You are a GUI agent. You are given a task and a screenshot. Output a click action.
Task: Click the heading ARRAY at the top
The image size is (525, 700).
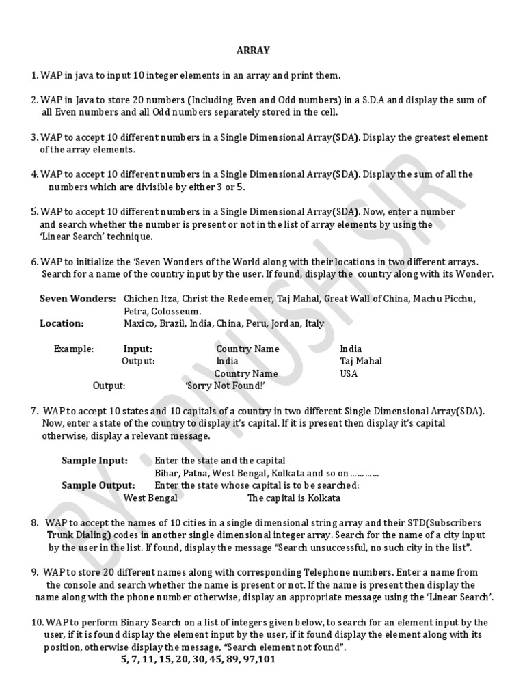coord(253,50)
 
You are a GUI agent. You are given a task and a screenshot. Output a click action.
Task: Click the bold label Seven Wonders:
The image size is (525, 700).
coord(78,299)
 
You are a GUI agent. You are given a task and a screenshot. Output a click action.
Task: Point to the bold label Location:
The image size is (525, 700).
coord(62,323)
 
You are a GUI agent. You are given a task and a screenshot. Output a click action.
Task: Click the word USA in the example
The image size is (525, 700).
coord(349,373)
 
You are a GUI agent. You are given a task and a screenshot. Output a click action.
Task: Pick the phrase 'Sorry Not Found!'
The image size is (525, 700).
coord(226,386)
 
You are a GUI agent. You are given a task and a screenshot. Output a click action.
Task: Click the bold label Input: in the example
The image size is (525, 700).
coord(138,349)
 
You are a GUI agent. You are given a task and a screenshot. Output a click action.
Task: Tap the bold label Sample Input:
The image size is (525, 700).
coord(95,461)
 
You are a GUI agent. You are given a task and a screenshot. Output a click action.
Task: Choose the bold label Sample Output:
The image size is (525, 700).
coord(98,485)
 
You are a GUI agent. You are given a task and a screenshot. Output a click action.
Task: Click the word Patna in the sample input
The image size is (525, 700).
coord(196,473)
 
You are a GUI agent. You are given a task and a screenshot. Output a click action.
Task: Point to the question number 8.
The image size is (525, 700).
coord(35,523)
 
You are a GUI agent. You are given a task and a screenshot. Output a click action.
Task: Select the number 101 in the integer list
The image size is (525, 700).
coord(267,660)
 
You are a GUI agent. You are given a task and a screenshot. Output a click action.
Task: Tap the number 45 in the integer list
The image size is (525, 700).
coord(216,660)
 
